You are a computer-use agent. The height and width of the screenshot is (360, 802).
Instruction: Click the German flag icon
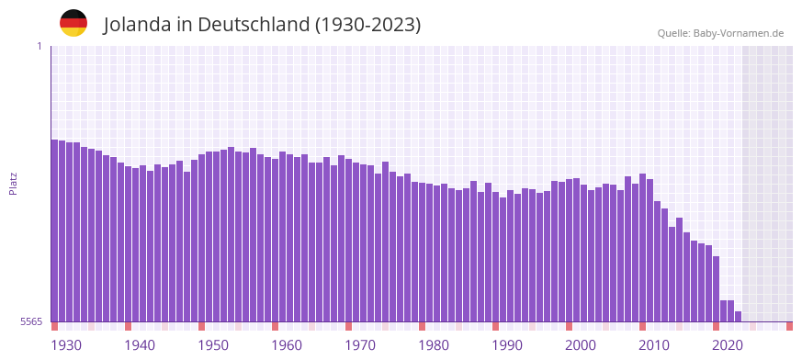pos(73,23)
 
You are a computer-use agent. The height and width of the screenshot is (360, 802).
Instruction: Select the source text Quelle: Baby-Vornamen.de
pos(720,33)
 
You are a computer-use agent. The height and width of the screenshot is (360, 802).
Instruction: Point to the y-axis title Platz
pos(13,183)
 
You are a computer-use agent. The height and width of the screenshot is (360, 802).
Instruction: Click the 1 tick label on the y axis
pos(39,46)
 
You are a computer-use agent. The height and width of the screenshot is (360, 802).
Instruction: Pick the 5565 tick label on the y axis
pos(31,321)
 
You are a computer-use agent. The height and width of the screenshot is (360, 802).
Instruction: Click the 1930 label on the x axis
pos(66,345)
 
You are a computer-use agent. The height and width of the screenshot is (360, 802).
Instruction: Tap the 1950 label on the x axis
pos(213,345)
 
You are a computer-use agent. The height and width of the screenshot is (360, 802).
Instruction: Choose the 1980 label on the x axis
pos(434,345)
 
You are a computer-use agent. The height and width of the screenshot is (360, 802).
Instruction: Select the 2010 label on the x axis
pos(654,345)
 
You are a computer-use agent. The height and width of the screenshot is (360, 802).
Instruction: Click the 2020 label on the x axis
pos(728,345)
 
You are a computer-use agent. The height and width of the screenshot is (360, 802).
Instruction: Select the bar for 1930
pos(55,230)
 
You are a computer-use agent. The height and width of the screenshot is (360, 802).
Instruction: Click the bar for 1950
pos(202,238)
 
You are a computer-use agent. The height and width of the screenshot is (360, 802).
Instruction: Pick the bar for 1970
pos(349,240)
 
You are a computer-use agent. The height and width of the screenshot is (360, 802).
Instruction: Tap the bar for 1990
pos(496,256)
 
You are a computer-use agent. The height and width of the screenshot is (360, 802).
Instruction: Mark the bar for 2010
pos(643,247)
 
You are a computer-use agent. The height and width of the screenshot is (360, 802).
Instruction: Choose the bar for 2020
pos(717,289)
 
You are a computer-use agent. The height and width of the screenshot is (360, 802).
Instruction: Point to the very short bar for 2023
pos(739,317)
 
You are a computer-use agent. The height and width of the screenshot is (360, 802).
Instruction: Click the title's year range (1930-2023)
pos(367,25)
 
